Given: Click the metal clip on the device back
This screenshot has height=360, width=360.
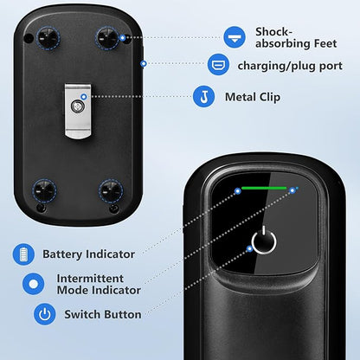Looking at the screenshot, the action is tap(78, 112).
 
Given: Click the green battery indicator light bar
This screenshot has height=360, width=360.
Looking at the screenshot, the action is tap(264, 189).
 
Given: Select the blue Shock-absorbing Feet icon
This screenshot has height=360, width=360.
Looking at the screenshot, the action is tap(235, 37).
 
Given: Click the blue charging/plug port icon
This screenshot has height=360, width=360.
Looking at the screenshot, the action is tap(218, 64).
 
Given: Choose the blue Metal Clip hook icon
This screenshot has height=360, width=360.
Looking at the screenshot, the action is tap(203, 96).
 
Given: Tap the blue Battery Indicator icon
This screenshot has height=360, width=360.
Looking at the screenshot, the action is tap(23, 254).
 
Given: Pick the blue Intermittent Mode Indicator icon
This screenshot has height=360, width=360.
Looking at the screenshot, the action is tap(34, 284).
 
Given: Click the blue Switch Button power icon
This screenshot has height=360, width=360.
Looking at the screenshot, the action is tap(45, 314).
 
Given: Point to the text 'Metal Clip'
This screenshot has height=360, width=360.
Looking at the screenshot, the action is tap(253, 97).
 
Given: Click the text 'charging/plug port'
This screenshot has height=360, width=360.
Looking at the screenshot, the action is tap(290, 66).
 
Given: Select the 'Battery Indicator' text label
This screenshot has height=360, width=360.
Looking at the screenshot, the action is tap(88, 254).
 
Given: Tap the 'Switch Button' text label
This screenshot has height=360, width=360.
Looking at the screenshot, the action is tap(103, 314).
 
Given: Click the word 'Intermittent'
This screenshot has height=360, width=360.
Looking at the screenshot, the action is tap(90, 279).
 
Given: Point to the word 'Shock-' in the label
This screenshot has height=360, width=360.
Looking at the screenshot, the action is tap(273, 32).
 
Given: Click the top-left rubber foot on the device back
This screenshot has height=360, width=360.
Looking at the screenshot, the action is tap(48, 38).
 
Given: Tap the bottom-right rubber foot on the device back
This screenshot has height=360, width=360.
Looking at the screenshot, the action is tap(111, 191).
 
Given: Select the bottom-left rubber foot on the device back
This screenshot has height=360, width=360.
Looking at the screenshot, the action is tap(44, 190).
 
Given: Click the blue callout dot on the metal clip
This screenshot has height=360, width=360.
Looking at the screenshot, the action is tap(84, 97).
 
